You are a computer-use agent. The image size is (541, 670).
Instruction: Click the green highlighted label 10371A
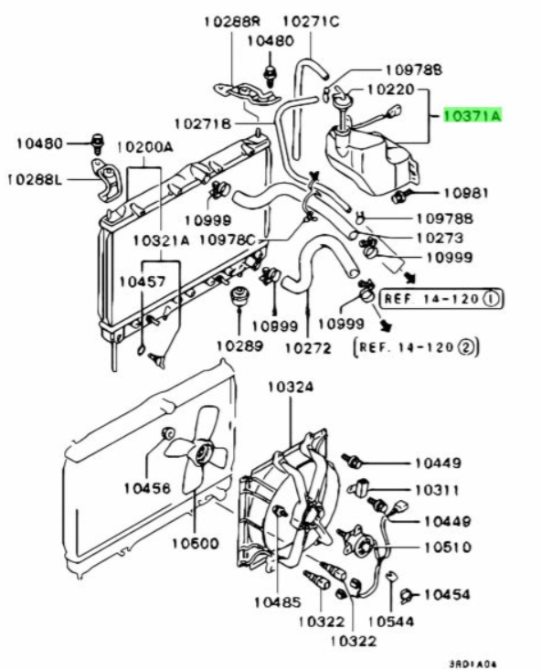472,115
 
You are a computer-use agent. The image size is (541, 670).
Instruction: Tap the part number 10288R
232,21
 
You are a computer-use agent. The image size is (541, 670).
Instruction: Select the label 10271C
312,21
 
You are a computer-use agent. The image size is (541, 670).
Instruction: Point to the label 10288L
35,179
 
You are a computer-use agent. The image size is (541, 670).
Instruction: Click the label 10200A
145,147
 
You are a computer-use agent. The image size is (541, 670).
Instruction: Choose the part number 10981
465,193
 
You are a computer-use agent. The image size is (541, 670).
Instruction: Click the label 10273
440,238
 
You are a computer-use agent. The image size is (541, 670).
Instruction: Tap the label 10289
239,346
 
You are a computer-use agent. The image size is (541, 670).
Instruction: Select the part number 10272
308,348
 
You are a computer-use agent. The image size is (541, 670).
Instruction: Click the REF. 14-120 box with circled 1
442,298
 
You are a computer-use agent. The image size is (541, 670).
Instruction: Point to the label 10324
291,388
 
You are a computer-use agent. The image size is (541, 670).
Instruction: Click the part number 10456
147,487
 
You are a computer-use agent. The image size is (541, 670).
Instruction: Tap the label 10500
196,543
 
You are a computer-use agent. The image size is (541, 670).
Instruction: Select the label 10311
436,490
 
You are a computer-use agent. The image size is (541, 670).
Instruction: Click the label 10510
448,547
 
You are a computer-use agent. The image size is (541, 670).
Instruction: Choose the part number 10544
391,621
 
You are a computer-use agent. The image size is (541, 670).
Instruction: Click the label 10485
277,602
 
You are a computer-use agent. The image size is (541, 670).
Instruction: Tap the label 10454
447,594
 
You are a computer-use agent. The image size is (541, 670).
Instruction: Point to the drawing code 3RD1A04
472,664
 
